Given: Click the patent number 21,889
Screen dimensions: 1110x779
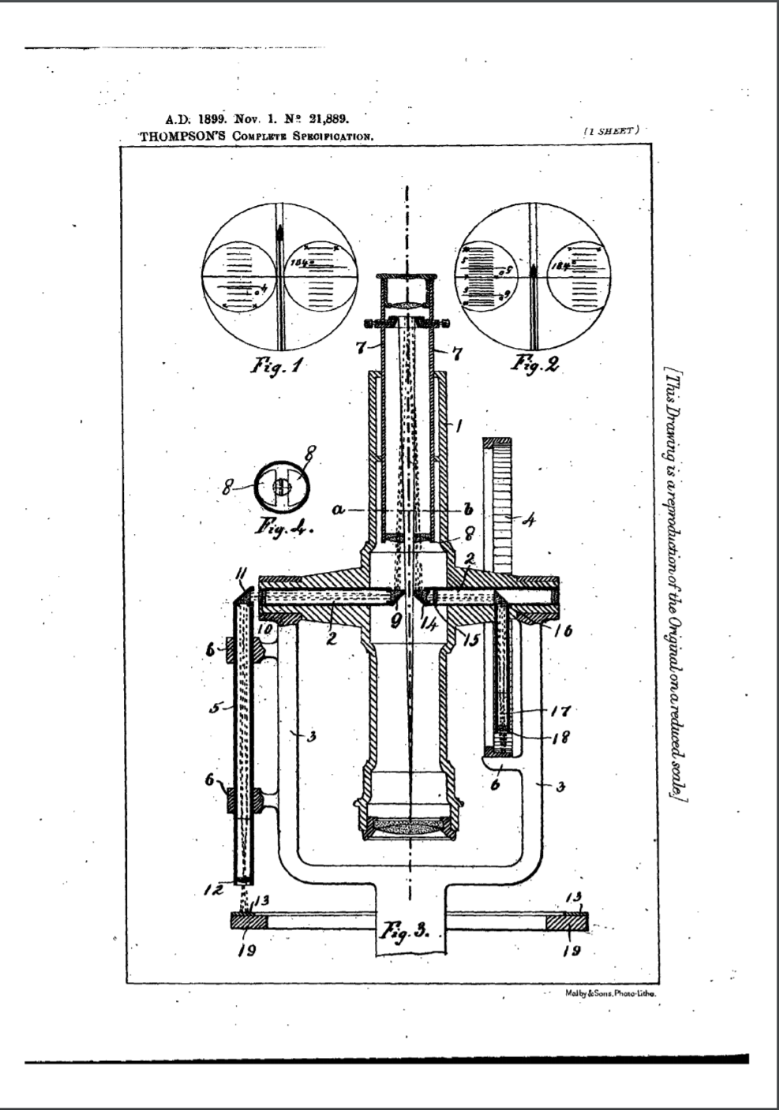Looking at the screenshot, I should pyautogui.click(x=326, y=121).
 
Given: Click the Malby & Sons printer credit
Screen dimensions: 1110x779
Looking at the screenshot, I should pyautogui.click(x=611, y=994).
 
